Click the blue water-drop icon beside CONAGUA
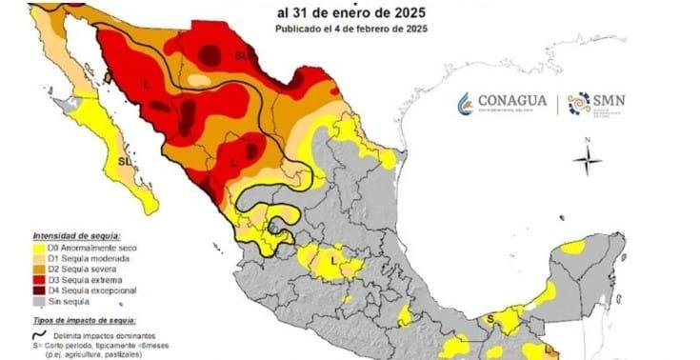[x=465, y=103]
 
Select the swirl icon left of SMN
[x=578, y=103]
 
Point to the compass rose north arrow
[x=589, y=157]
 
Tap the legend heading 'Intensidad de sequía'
[x=70, y=236]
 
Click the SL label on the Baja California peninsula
[x=124, y=163]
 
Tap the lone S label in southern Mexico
[x=490, y=318]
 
